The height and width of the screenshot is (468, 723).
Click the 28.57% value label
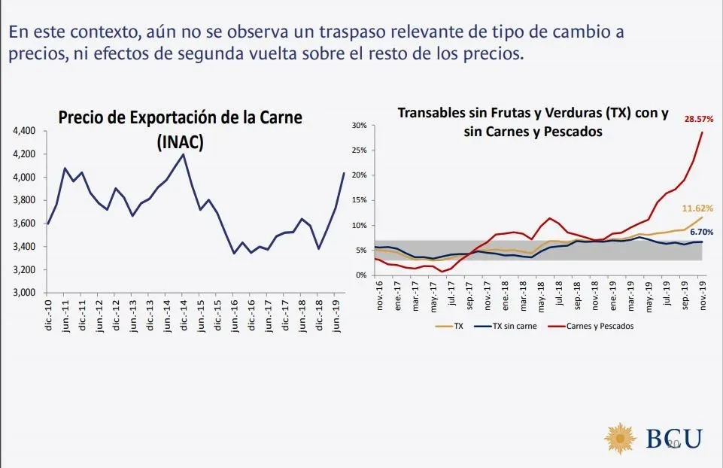coord(699,119)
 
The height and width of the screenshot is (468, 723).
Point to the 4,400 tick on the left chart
coord(25,131)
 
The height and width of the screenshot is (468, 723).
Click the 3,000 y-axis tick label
coord(25,293)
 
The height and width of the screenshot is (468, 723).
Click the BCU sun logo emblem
coord(621,439)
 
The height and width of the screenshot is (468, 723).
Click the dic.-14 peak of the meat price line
coord(184,154)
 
